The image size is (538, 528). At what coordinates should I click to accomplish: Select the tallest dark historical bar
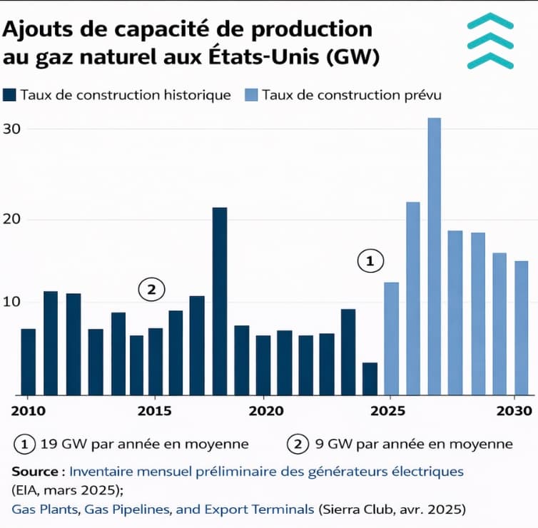coord(220,300)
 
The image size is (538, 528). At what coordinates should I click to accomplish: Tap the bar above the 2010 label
coord(28,361)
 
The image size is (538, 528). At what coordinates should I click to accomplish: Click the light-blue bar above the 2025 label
coord(391,338)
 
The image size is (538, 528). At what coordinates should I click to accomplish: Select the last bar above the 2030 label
coord(522,328)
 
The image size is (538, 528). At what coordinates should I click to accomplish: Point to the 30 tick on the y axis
coord(12,129)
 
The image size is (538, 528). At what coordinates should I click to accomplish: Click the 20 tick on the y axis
coord(12,219)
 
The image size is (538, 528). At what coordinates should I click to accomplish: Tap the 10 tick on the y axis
coord(12,302)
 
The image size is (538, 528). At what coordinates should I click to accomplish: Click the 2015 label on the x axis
coord(149,411)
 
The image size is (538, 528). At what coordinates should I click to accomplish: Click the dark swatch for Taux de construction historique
coord(10,95)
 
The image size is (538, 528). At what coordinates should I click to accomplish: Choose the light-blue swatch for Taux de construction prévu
coord(251,95)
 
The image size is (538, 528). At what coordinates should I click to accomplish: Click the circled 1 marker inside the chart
coord(370,262)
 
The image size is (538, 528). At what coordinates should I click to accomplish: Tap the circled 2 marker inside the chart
coord(151,289)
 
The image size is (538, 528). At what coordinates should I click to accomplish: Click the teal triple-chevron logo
coord(490,41)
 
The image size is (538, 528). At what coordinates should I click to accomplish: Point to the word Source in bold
coord(36,472)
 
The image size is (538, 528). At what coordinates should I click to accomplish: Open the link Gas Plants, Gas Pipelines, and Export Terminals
coord(163,509)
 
